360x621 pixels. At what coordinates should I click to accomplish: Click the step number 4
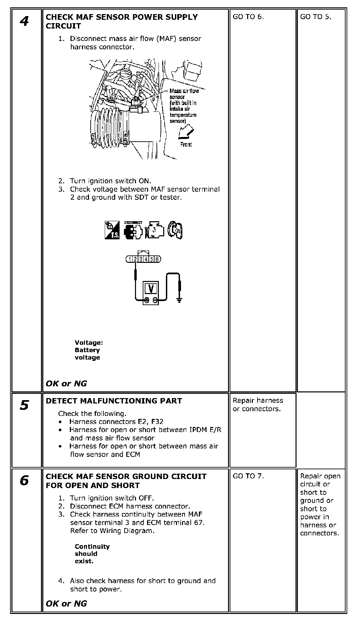tap(24, 21)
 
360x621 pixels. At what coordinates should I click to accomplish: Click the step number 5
tap(24, 405)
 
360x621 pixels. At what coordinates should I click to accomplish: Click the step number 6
tap(24, 481)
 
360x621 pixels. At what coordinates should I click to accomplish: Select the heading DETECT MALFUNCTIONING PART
tap(114, 401)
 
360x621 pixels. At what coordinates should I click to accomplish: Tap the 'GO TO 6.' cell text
tap(248, 17)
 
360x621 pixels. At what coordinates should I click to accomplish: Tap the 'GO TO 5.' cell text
tap(316, 17)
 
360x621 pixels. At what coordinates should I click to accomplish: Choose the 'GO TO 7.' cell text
tap(248, 476)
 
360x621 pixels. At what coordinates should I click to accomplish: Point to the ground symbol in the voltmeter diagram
tap(179, 299)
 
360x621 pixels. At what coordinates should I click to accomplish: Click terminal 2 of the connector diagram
tap(135, 259)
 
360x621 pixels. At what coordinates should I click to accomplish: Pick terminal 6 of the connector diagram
tap(157, 259)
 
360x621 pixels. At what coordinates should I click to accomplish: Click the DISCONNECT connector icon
tap(133, 230)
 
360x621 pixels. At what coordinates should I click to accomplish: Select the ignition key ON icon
tap(175, 230)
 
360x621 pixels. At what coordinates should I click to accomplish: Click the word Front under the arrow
tap(186, 145)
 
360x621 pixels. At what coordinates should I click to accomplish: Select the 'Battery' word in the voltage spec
tap(87, 350)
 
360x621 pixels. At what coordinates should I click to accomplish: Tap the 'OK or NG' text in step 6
tap(66, 604)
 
